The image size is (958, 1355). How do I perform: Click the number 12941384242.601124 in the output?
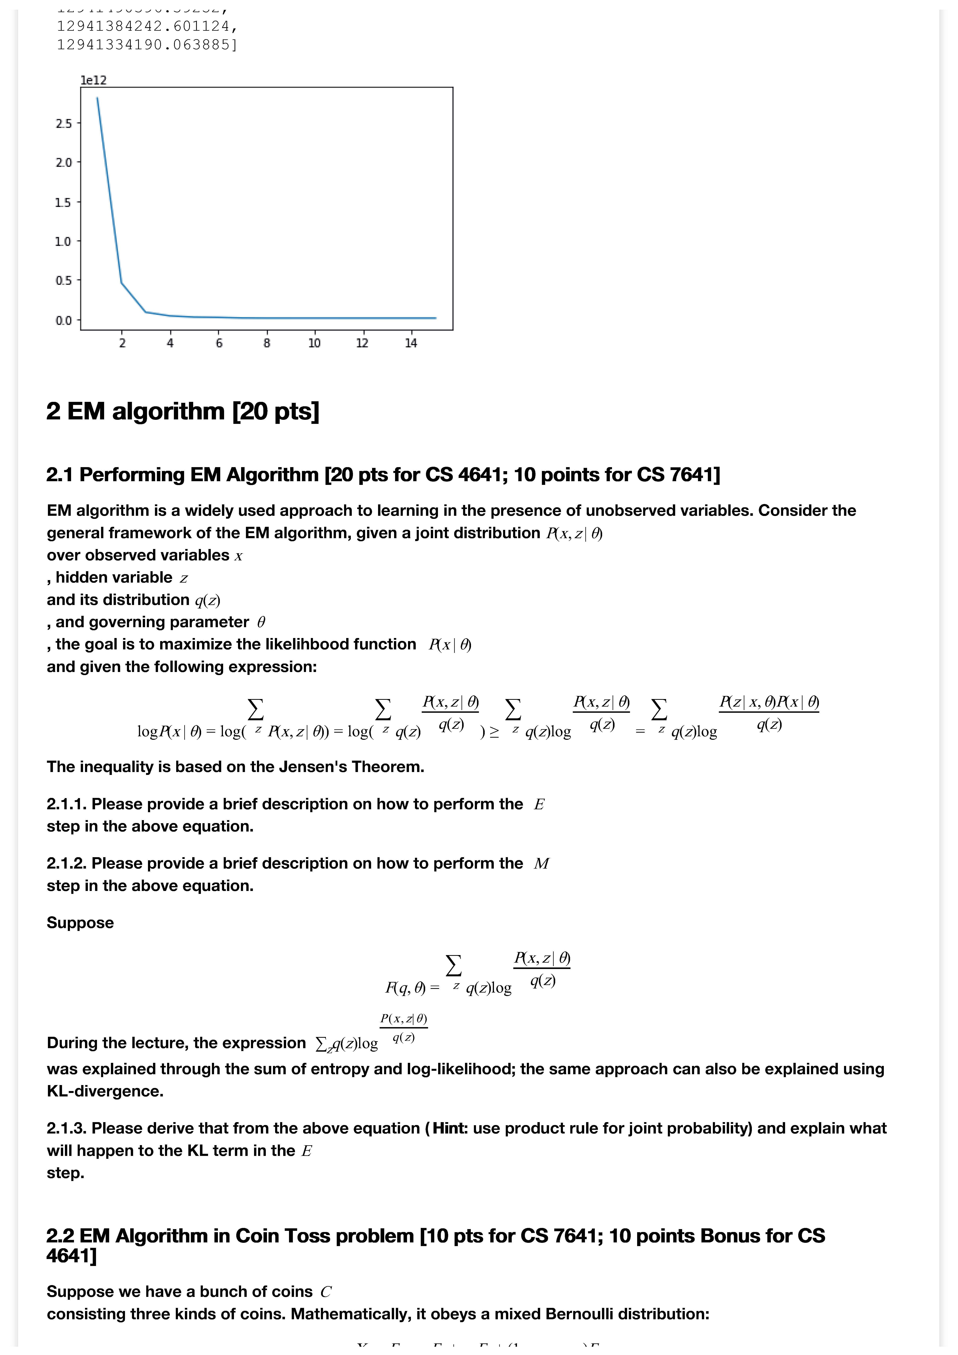(x=146, y=27)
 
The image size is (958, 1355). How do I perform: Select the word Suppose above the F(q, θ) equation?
(x=80, y=923)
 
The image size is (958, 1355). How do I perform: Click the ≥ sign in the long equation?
(x=494, y=732)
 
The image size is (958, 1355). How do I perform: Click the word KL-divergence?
(x=105, y=1091)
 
